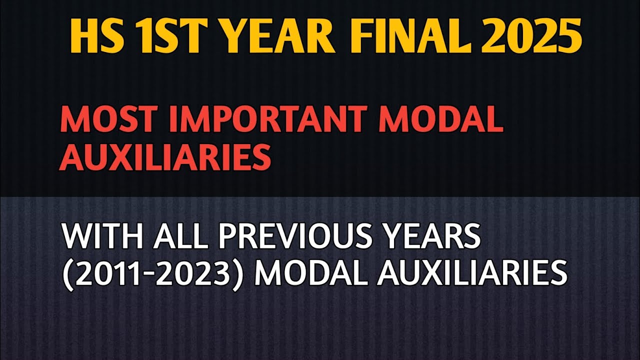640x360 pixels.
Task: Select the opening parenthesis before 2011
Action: [66, 274]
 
